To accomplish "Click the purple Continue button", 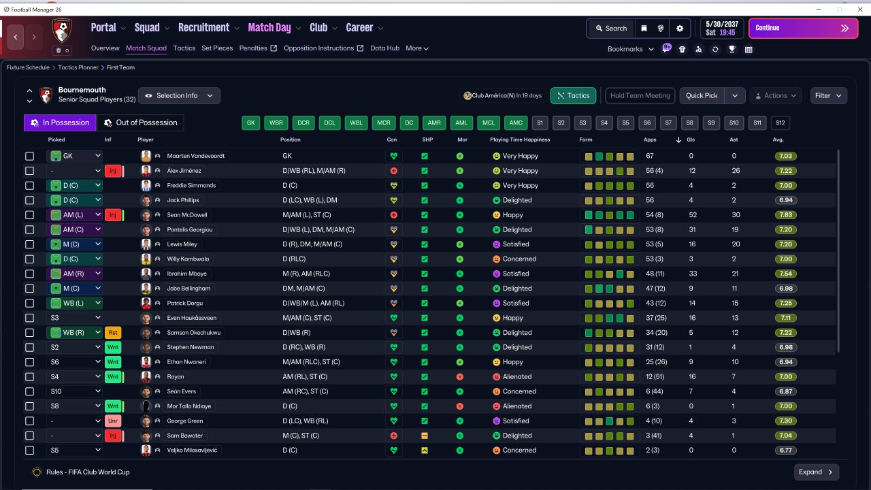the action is (804, 28).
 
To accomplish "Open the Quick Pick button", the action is (702, 96).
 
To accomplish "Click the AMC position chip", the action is (516, 123).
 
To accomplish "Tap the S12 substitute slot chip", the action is (780, 123).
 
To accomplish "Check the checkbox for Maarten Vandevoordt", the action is (29, 156).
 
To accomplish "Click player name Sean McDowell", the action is (187, 214).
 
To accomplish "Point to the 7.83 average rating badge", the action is (785, 214).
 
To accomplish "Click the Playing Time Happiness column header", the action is (520, 140).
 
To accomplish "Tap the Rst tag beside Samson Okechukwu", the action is (113, 333).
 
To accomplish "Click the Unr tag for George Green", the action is (113, 421).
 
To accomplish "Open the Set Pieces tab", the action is (217, 48).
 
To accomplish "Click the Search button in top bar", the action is (611, 29).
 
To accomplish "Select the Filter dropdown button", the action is (828, 96).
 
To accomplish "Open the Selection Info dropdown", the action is (179, 96).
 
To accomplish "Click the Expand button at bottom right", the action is (816, 472).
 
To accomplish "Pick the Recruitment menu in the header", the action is (203, 28).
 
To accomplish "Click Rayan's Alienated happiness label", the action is (517, 376).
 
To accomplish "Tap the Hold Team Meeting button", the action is (640, 96).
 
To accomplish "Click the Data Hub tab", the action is (384, 48).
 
